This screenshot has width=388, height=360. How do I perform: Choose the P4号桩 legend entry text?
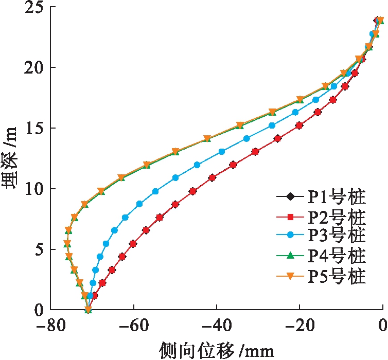tap(337, 256)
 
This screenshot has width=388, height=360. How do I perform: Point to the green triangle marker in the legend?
tap(291, 256)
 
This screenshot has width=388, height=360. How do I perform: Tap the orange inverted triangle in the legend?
tap(291, 276)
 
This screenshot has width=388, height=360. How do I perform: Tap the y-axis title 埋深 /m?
tap(11, 159)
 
